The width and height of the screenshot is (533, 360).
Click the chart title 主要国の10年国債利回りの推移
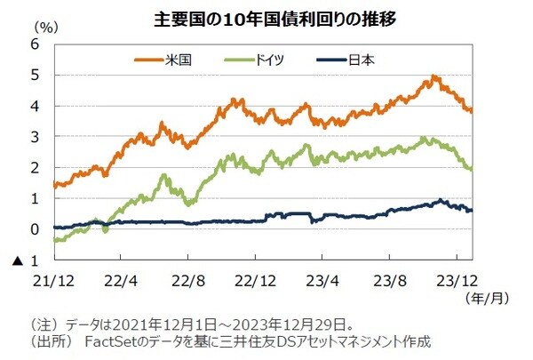pos(266,17)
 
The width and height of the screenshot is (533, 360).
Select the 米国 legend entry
pos(179,60)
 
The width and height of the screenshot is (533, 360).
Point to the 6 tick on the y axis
pos(34,44)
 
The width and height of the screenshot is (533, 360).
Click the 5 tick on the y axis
pos(34,76)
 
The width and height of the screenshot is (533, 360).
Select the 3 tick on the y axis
pos(34,137)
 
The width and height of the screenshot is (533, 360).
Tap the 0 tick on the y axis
pos(34,229)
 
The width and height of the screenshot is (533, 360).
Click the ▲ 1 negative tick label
pos(28,260)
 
